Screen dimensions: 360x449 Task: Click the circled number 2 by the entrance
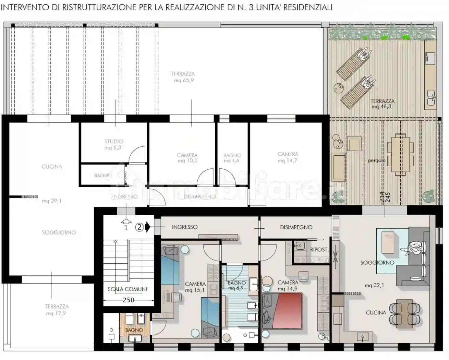(139, 227)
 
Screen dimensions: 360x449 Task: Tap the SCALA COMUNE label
(128, 289)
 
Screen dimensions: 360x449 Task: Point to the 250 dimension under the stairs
(129, 300)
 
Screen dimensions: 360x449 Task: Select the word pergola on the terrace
(377, 160)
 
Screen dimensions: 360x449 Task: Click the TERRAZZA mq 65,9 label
(183, 77)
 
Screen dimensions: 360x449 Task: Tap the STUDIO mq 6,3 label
(113, 144)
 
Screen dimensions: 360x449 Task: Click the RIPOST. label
(319, 250)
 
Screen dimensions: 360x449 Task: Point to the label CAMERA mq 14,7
(288, 157)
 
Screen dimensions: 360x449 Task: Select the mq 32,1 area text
(374, 285)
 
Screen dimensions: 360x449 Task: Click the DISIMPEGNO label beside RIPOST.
(296, 227)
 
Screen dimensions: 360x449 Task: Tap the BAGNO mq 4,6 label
(232, 158)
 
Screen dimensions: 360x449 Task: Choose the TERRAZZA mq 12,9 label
(57, 310)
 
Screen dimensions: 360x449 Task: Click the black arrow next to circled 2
(148, 227)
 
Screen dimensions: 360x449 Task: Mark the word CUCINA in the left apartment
(52, 167)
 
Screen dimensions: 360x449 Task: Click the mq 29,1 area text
(52, 201)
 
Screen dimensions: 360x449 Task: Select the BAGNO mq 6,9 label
(236, 286)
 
